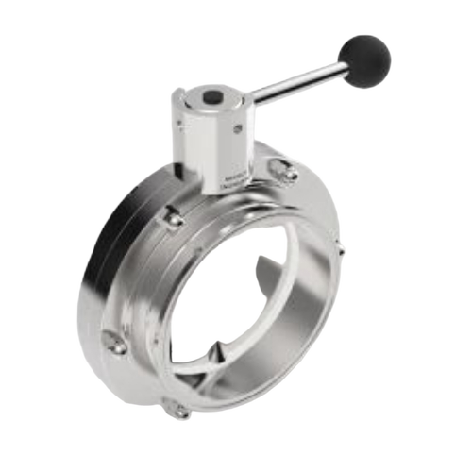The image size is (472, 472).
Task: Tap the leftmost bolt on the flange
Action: pyautogui.click(x=115, y=346)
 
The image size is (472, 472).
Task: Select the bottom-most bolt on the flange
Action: pyautogui.click(x=178, y=411)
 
